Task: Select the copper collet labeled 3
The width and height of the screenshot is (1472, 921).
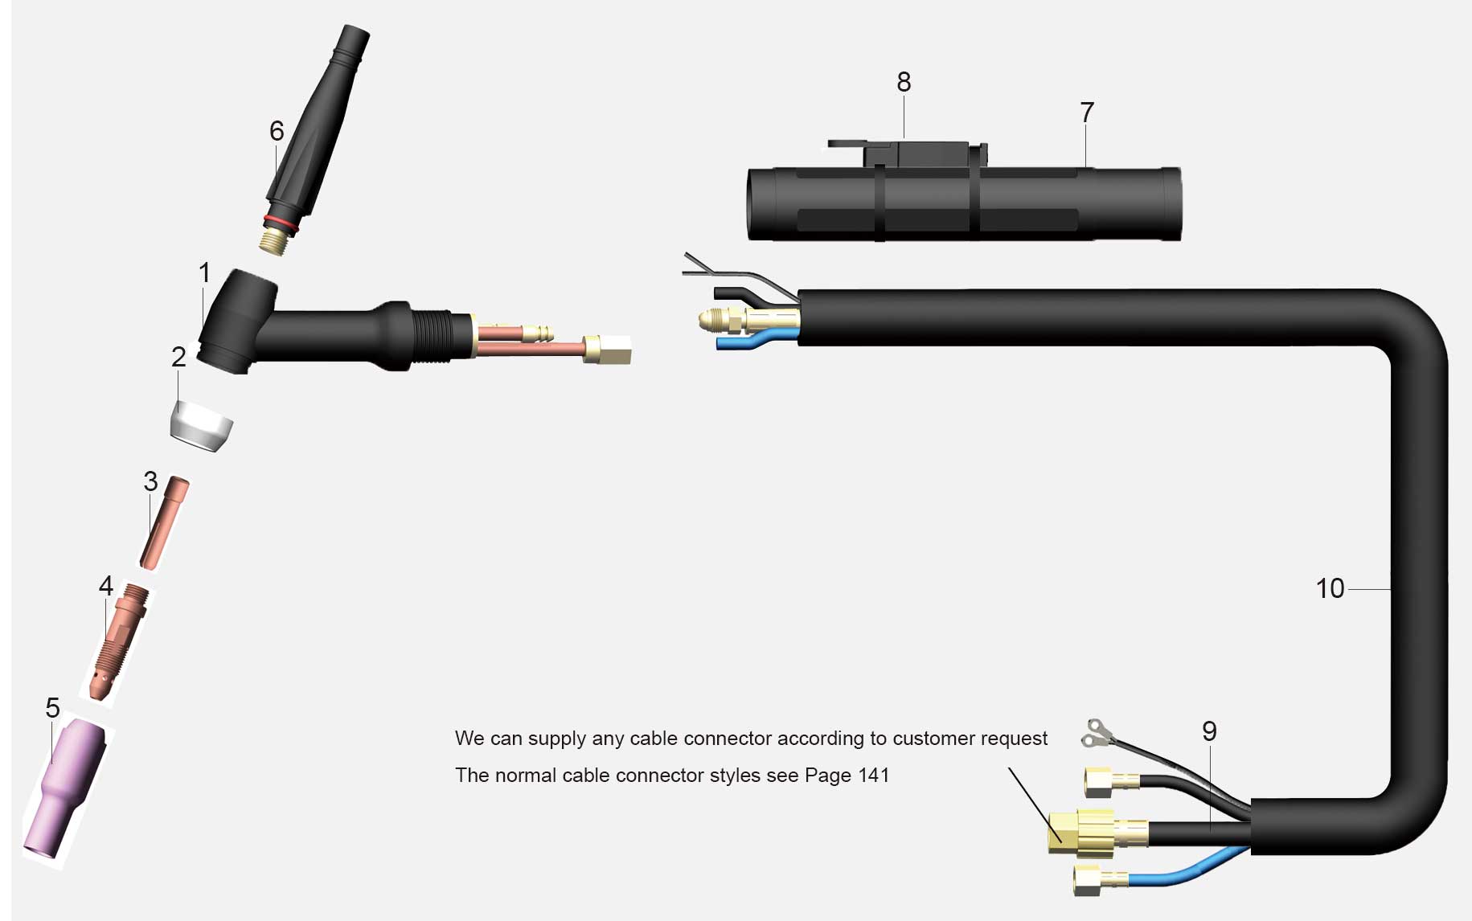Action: pyautogui.click(x=165, y=522)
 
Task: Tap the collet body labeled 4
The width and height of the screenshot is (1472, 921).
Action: pyautogui.click(x=119, y=641)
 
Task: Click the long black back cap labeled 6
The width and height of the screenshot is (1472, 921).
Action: pyautogui.click(x=315, y=137)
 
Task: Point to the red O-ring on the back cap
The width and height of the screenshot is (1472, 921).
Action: pyautogui.click(x=281, y=223)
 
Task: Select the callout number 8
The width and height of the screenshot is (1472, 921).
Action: pyautogui.click(x=904, y=82)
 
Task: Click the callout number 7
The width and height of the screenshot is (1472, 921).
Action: pyautogui.click(x=1087, y=113)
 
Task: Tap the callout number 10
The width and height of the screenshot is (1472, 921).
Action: pyautogui.click(x=1330, y=588)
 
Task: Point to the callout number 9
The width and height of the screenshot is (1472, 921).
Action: pyautogui.click(x=1209, y=731)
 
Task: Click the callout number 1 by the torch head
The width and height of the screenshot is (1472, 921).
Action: pyautogui.click(x=204, y=273)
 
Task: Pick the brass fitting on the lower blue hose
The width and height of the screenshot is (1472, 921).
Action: pyautogui.click(x=1101, y=879)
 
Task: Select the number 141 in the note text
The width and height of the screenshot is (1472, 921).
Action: pyautogui.click(x=874, y=775)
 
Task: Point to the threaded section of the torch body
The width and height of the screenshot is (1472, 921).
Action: pyautogui.click(x=433, y=335)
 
